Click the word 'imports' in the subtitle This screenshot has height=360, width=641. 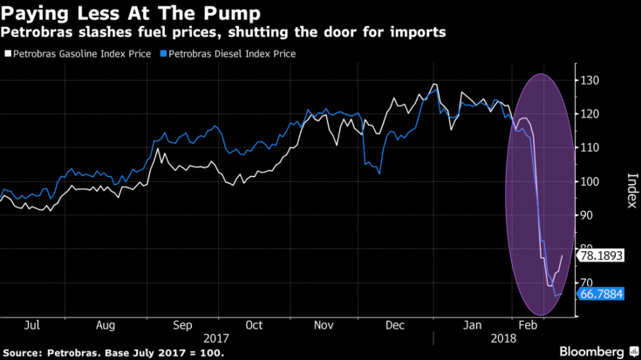[x=418, y=33]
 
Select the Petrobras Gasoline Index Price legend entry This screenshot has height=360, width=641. [x=81, y=54]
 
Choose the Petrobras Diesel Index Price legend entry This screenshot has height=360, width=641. [x=230, y=54]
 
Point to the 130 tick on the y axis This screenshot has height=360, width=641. [x=591, y=81]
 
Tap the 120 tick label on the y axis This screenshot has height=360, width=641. [x=591, y=115]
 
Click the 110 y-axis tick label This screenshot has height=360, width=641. [x=591, y=148]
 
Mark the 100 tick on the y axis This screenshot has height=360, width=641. [x=591, y=182]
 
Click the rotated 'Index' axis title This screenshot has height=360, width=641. [x=628, y=184]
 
